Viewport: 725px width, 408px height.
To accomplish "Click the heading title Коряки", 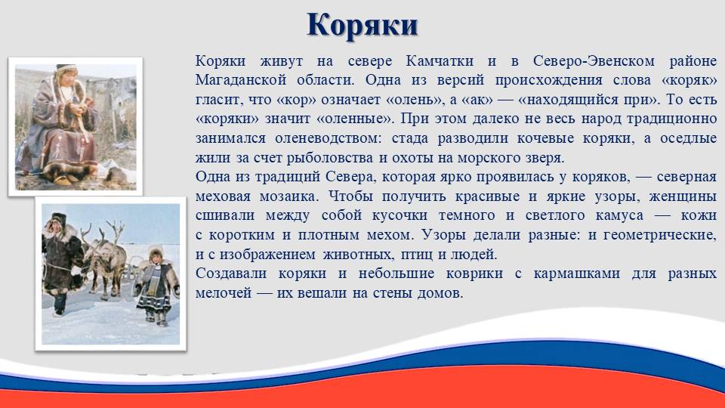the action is tap(362, 26).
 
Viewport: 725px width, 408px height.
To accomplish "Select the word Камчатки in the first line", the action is tap(440, 61).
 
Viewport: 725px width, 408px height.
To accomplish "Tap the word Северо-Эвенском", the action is tap(594, 61).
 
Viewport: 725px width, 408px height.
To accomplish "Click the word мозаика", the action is tap(289, 196).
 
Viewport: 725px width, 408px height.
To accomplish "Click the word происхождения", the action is tap(549, 81).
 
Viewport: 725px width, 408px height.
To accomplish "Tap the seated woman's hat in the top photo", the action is tap(66, 70).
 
